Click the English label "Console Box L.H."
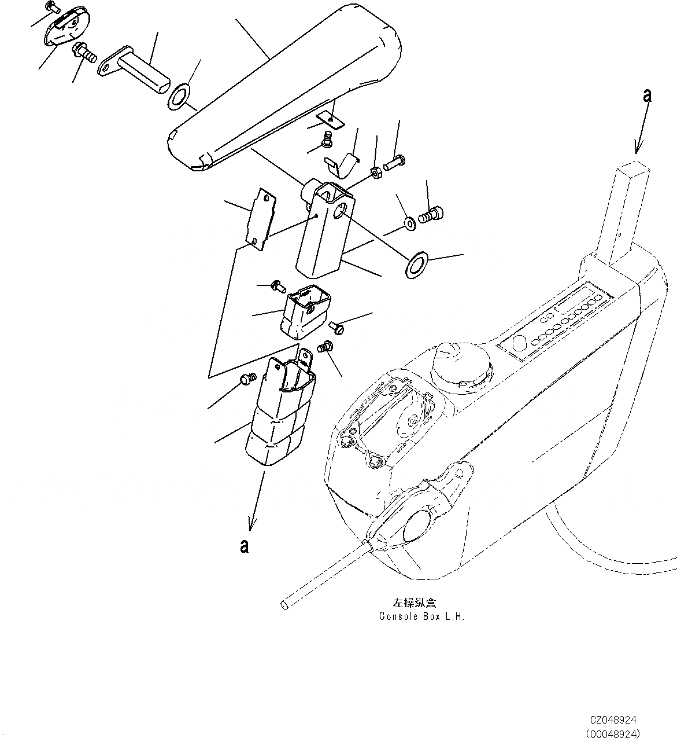[x=421, y=616]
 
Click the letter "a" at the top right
[x=647, y=96]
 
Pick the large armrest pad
[x=289, y=87]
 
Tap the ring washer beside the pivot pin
[x=180, y=96]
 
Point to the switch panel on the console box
[x=555, y=321]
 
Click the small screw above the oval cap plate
[x=53, y=8]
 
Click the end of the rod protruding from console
[x=284, y=605]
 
